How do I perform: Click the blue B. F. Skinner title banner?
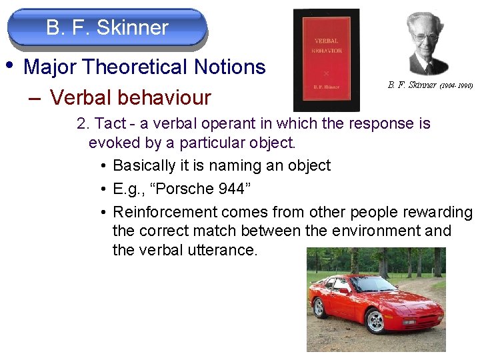(x=107, y=28)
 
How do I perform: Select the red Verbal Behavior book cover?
(x=327, y=60)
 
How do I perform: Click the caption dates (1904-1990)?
(x=456, y=85)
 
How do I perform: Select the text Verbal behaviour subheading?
(x=130, y=98)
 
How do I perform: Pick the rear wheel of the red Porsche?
(x=319, y=307)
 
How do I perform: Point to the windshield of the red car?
(x=373, y=285)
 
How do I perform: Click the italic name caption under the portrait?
(x=412, y=85)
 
